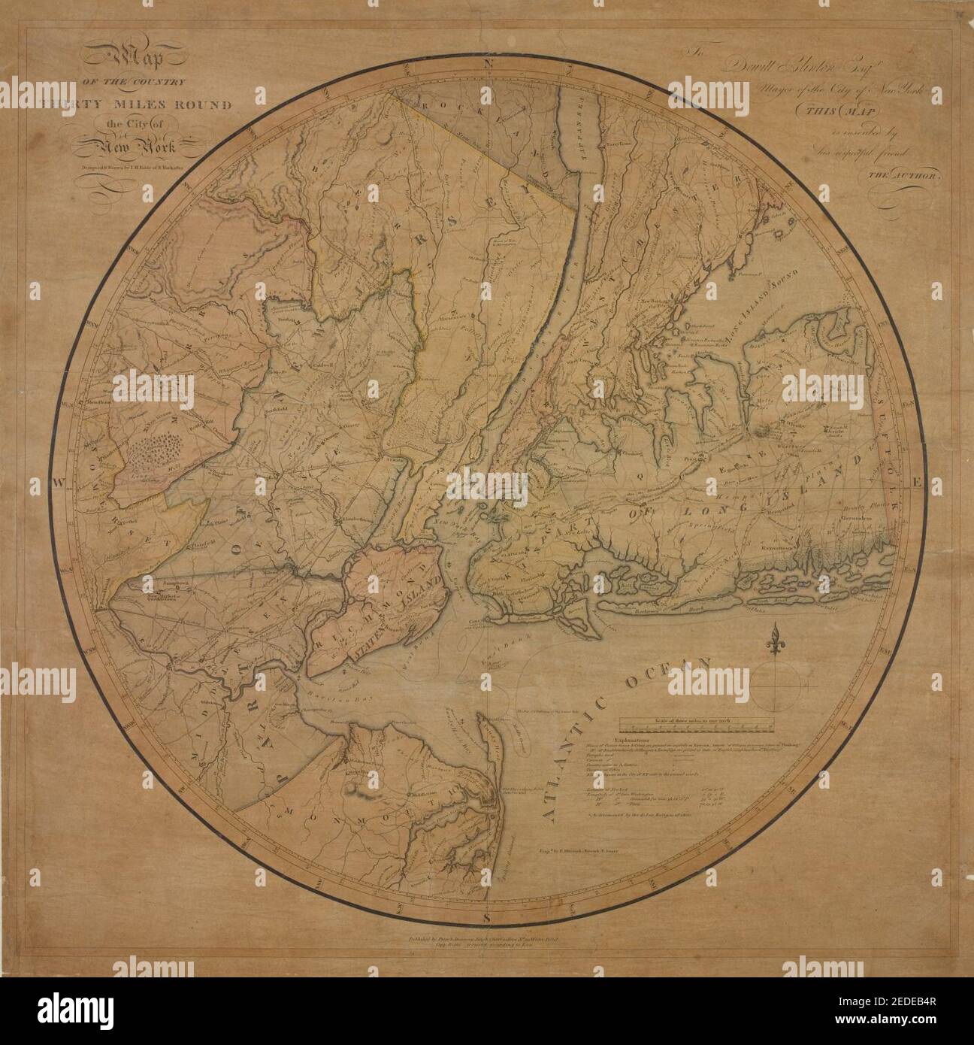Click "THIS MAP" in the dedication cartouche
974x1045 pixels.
pyautogui.click(x=848, y=113)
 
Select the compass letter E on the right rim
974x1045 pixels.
pyautogui.click(x=915, y=480)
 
